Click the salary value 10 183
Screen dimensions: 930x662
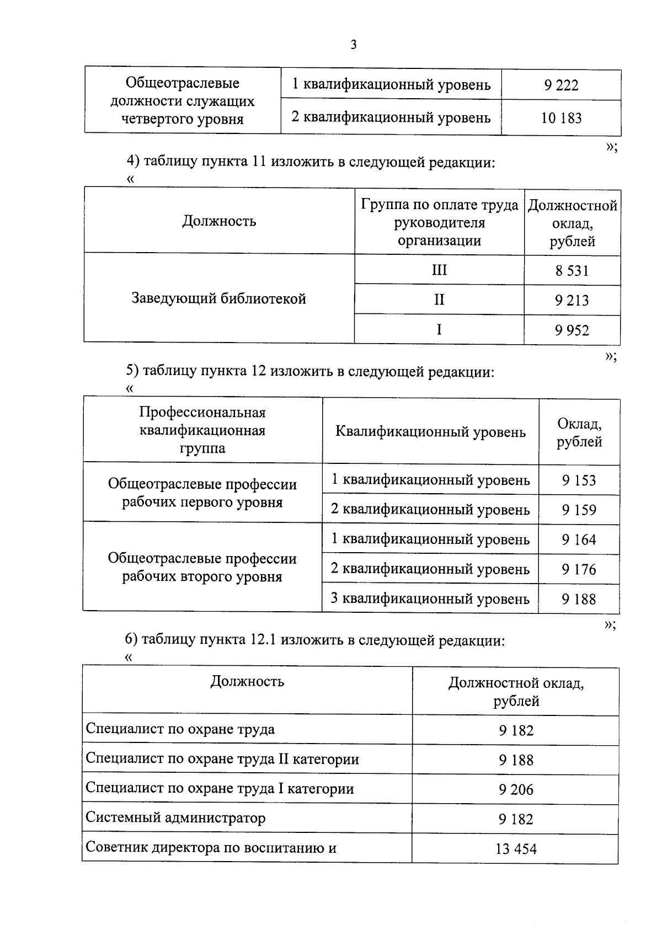click(561, 118)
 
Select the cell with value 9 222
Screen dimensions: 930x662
click(561, 85)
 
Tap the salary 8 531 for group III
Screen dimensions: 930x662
click(572, 271)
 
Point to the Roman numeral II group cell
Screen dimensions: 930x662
click(439, 300)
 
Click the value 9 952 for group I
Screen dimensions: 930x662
click(572, 330)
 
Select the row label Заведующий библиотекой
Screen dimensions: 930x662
click(218, 298)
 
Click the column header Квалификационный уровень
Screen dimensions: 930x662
click(430, 431)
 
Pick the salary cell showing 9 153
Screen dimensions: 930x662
click(579, 480)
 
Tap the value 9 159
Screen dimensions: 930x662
click(579, 510)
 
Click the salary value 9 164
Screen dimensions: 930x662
click(579, 539)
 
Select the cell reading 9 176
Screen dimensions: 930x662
click(579, 569)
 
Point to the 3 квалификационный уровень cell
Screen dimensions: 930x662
click(430, 598)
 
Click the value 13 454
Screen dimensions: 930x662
click(516, 849)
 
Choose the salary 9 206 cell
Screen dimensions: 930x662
click(516, 789)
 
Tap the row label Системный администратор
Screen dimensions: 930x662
click(175, 817)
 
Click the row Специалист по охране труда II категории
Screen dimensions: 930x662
click(222, 759)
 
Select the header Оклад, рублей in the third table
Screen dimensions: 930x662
click(579, 432)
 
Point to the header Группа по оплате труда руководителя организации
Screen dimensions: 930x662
click(439, 222)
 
